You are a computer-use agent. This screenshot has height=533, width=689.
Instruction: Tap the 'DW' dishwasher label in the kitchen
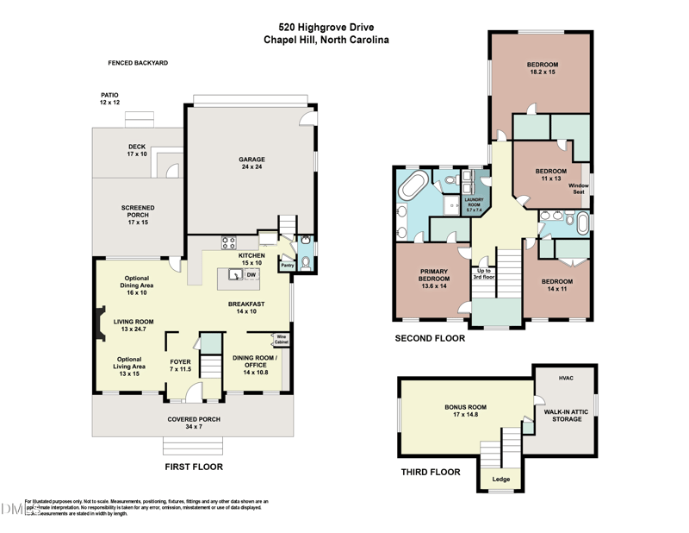pos(251,275)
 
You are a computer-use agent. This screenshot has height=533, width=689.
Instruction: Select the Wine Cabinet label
pos(281,340)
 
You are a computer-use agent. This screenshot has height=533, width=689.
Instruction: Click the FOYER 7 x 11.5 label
pos(180,365)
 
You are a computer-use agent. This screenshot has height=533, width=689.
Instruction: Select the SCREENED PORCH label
pos(138,212)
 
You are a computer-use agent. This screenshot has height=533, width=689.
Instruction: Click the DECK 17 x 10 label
pos(138,150)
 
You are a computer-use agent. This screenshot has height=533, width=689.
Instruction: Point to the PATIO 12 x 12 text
pos(109,98)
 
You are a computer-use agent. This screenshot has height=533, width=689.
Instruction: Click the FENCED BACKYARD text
pos(138,63)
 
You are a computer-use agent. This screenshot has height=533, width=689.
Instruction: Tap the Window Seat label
pos(578,188)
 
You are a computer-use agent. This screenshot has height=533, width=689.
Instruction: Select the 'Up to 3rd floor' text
pos(483,274)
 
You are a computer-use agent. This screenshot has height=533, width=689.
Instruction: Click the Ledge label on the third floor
pos(500,479)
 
